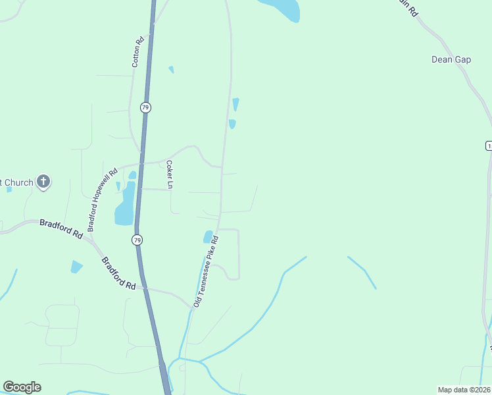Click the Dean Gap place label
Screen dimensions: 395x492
(x=451, y=59)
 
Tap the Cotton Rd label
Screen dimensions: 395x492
(x=137, y=52)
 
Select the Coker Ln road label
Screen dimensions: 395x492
(x=169, y=175)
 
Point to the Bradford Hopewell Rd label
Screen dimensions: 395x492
(x=103, y=198)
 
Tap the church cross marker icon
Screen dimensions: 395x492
(x=43, y=182)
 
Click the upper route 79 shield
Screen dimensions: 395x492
(x=145, y=107)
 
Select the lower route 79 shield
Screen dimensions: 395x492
(x=137, y=240)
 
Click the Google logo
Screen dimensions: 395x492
(x=22, y=387)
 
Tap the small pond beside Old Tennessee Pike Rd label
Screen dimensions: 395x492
(x=209, y=236)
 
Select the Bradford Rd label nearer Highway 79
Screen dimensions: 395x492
(x=118, y=273)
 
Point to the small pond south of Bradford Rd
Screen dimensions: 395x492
(x=76, y=267)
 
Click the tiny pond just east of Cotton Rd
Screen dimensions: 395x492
(x=171, y=69)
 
